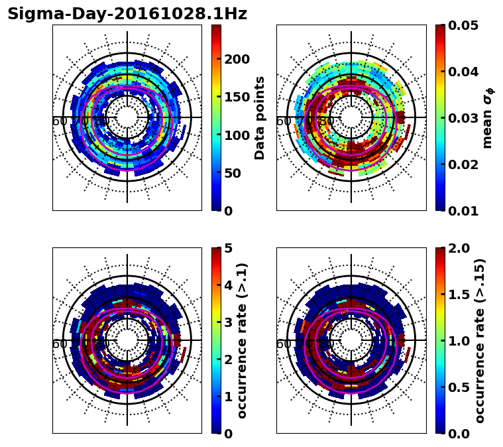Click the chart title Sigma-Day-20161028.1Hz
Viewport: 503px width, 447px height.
(127, 15)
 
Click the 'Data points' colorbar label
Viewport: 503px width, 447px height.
(260, 117)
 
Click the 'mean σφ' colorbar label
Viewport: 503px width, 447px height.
(488, 117)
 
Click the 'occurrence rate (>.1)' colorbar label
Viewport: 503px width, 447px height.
(243, 340)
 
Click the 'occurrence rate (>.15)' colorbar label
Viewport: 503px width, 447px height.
(480, 340)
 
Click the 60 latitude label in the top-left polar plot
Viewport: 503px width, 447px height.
(59, 121)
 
